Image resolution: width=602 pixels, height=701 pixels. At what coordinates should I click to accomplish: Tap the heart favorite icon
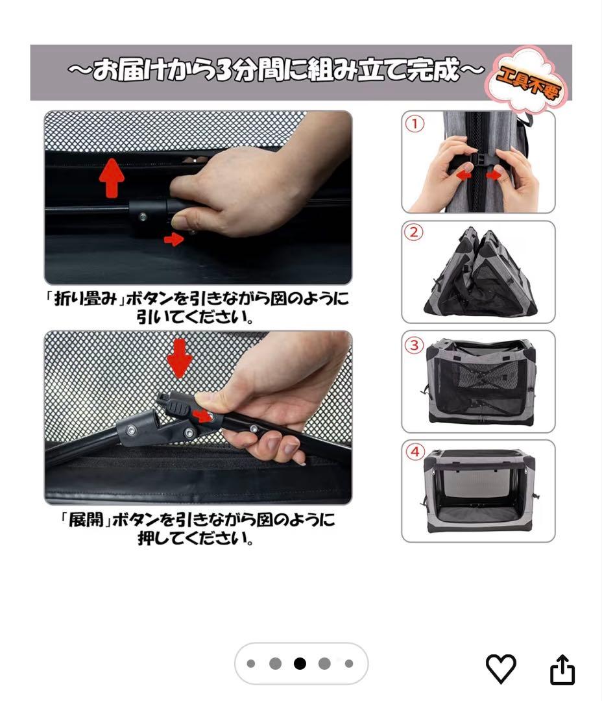coord(501,669)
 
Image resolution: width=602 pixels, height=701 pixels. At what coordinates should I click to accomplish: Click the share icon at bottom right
coord(562,669)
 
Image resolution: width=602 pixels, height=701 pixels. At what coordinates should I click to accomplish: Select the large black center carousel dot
coord(300,663)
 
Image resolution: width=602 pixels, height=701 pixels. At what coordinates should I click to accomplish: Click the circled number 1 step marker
coord(414,123)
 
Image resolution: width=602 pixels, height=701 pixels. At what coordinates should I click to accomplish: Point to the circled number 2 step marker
coord(414,232)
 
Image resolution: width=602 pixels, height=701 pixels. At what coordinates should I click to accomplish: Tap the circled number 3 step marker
coord(414,345)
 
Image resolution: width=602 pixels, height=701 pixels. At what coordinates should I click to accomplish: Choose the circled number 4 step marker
coord(414,452)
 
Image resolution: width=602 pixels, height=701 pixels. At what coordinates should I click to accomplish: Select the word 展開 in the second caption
coord(86,521)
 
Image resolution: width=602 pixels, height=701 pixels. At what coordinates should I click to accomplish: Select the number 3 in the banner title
coord(221,71)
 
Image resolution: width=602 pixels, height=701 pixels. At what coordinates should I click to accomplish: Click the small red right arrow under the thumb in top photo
coord(173,240)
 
